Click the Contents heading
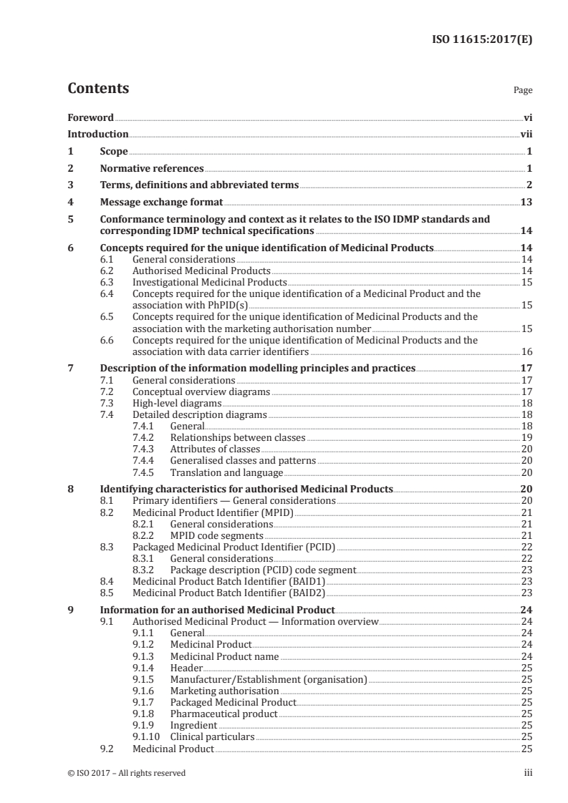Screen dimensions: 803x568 pos(98,89)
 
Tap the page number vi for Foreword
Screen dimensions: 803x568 pos(527,117)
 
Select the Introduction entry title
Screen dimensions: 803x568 pos(98,134)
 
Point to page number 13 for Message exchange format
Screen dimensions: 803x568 pos(526,202)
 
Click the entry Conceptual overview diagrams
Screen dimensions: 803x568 pos(202,391)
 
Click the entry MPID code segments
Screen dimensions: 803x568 pos(217,535)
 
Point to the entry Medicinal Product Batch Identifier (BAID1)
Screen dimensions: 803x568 pos(228,580)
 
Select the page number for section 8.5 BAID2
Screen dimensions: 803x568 pos(526,592)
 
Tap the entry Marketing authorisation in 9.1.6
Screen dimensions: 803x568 pos(224,691)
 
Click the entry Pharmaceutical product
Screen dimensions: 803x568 pos(223,714)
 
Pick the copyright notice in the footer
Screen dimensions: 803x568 pos(127,773)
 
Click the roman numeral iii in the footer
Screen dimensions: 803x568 pos(529,773)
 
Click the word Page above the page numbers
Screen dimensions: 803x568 pos(523,91)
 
